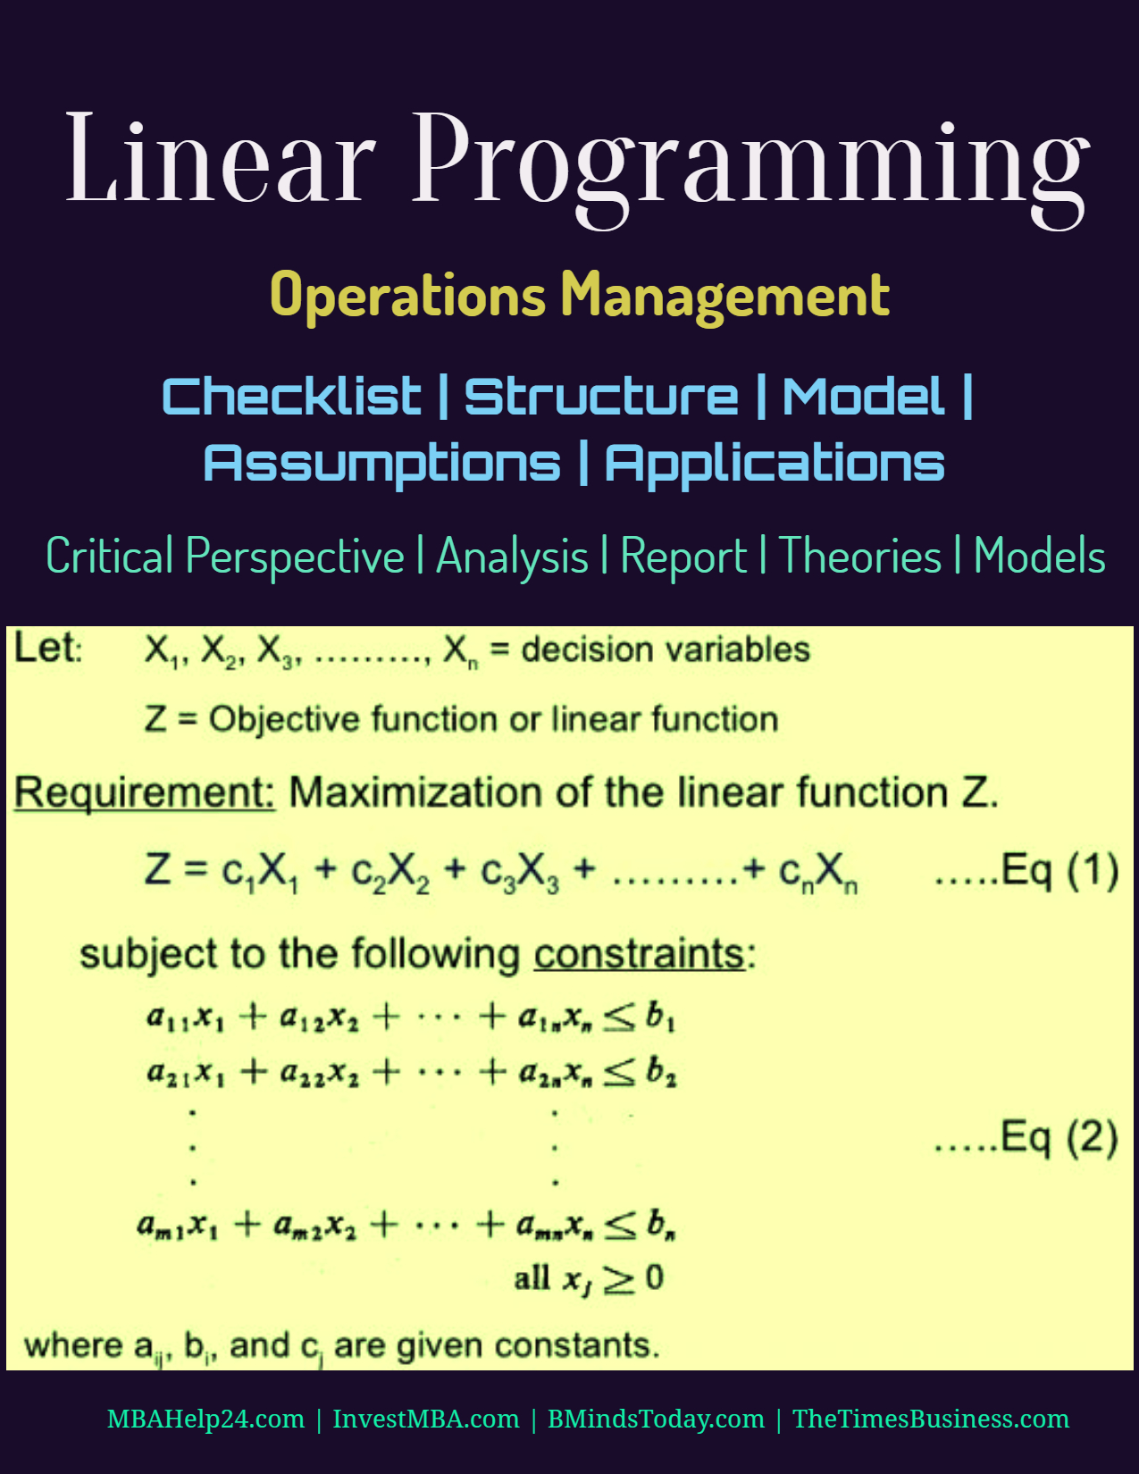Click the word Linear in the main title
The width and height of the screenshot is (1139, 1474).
pyautogui.click(x=221, y=158)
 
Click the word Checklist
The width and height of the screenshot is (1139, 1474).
pyautogui.click(x=292, y=396)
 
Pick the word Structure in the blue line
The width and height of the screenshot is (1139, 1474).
pyautogui.click(x=601, y=396)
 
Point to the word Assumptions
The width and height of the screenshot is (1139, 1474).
pyautogui.click(x=382, y=464)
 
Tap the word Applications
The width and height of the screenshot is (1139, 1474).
pyautogui.click(x=775, y=464)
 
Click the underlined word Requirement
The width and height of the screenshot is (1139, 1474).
pyautogui.click(x=145, y=792)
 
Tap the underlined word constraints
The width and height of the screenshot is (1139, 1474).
pyautogui.click(x=640, y=955)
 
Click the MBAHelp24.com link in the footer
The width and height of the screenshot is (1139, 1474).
pyautogui.click(x=205, y=1419)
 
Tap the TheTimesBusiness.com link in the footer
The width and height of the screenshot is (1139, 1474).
pyautogui.click(x=931, y=1419)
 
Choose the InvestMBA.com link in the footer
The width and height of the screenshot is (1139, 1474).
pyautogui.click(x=426, y=1419)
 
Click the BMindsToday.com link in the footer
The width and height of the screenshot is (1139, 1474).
pyautogui.click(x=656, y=1419)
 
